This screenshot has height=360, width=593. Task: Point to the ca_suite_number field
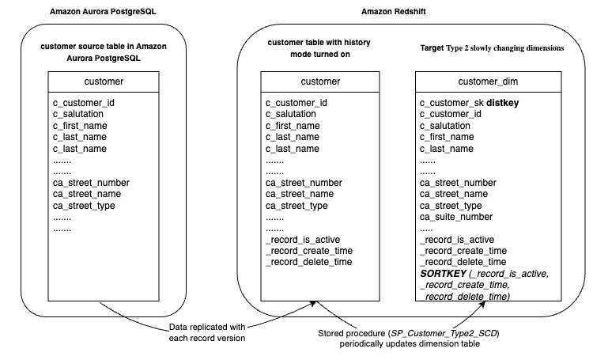point(457,216)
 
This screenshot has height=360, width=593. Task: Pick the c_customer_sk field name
point(451,103)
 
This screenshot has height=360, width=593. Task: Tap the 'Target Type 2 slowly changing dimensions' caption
point(491,48)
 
